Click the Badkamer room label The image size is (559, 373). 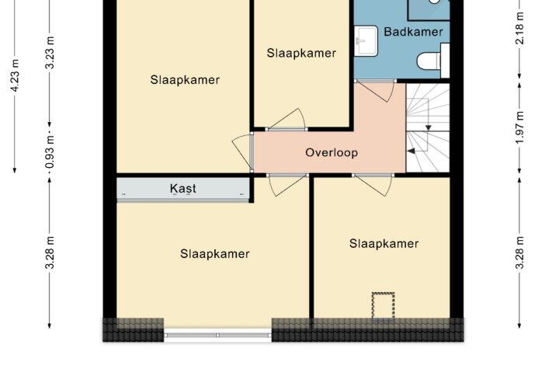413,32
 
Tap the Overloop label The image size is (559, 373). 332,153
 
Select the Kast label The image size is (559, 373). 183,188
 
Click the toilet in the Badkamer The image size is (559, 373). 432,61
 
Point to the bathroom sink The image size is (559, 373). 366,40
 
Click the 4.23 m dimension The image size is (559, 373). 15,75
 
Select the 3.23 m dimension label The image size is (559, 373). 50,53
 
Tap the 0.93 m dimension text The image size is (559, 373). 50,152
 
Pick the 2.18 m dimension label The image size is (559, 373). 519,28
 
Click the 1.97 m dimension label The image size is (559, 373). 519,127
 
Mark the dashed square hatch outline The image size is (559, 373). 384,305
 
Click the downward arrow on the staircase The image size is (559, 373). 429,127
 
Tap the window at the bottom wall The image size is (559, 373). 217,335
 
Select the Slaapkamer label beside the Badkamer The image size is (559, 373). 301,53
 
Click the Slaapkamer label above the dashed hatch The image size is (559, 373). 384,244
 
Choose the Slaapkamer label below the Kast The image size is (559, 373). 214,254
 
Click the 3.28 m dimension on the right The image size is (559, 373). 519,253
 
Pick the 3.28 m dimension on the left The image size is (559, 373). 50,253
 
